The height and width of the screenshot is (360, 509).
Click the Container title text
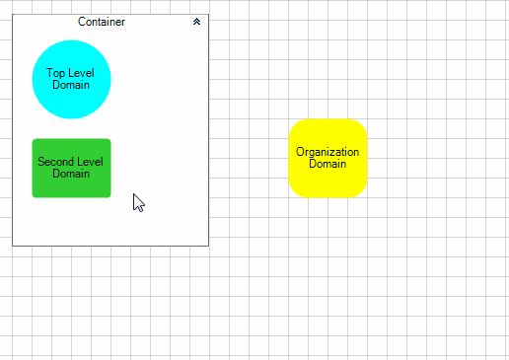102,22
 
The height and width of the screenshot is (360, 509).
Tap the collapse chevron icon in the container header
197,21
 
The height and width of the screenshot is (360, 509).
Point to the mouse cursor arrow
138,201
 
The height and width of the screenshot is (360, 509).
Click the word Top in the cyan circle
55,73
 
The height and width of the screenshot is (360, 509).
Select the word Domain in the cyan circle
71,85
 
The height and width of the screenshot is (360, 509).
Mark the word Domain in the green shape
71,174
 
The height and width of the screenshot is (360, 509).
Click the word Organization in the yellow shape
327,152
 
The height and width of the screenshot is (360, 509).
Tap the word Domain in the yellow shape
327,164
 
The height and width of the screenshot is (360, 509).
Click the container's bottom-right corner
208,245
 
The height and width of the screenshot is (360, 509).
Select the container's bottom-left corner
13,245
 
